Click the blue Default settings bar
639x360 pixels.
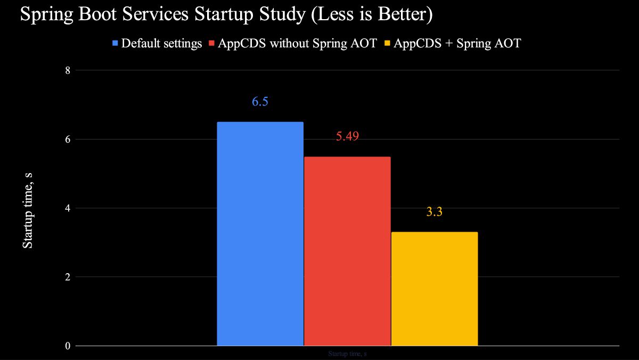coord(260,234)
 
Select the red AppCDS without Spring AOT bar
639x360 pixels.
coord(347,251)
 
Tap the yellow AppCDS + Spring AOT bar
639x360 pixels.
coord(435,289)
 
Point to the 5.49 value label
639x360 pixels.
coord(347,137)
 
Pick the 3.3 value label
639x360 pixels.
coord(435,212)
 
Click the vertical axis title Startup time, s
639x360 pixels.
coord(28,208)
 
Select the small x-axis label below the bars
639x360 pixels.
coord(347,354)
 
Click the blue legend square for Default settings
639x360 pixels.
coord(115,44)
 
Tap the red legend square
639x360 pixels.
coord(211,44)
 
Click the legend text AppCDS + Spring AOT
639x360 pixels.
coord(457,44)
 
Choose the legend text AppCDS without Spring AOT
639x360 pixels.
coord(297,44)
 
